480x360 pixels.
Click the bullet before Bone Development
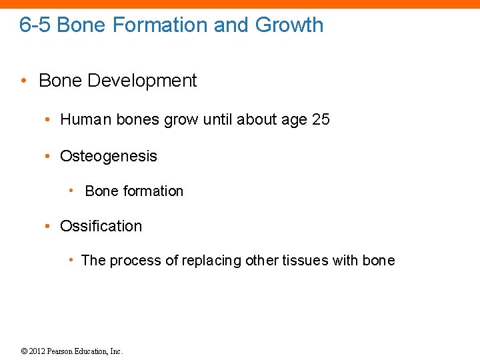(x=23, y=81)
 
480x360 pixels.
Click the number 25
(x=321, y=120)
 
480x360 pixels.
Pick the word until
(x=221, y=120)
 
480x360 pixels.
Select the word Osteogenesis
(x=109, y=157)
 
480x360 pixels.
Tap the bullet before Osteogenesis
(x=48, y=157)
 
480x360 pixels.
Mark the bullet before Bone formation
(x=72, y=191)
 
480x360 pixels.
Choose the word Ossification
(x=101, y=227)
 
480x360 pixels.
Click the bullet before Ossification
(x=48, y=227)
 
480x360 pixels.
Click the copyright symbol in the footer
(x=24, y=351)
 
